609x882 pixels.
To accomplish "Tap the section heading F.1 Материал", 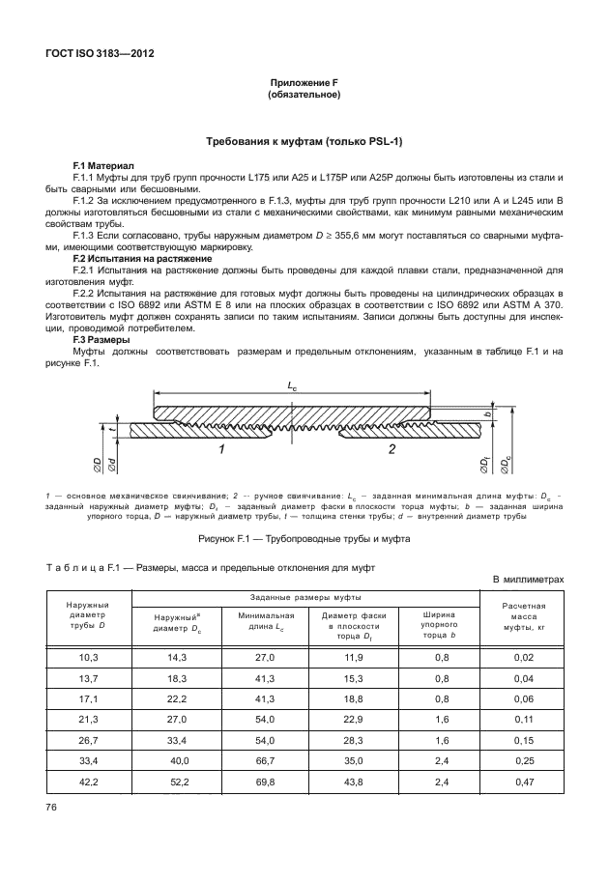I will tap(104, 166).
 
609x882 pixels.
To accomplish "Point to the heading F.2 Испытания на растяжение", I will tap(143, 259).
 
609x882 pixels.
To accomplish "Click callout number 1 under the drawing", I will tap(221, 450).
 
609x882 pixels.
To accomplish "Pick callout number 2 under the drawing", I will tap(391, 450).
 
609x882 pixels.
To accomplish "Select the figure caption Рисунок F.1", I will tap(304, 538).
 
